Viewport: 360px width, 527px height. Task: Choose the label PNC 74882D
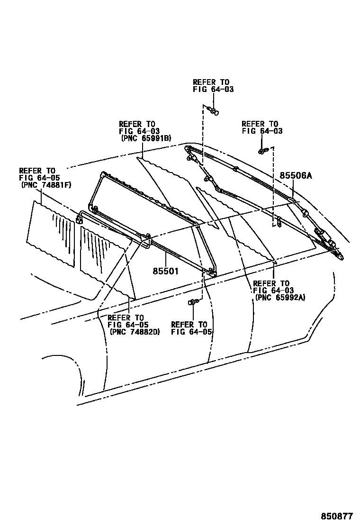coord(135,332)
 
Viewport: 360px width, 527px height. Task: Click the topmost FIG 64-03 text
coord(213,89)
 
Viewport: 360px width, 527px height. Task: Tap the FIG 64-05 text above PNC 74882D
coord(128,325)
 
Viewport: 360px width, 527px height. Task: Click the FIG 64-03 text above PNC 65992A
coord(273,290)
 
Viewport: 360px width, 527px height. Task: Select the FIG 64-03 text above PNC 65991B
coord(139,131)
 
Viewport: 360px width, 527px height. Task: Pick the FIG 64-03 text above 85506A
coord(262,131)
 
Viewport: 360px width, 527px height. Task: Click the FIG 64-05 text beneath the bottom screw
coord(191,332)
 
